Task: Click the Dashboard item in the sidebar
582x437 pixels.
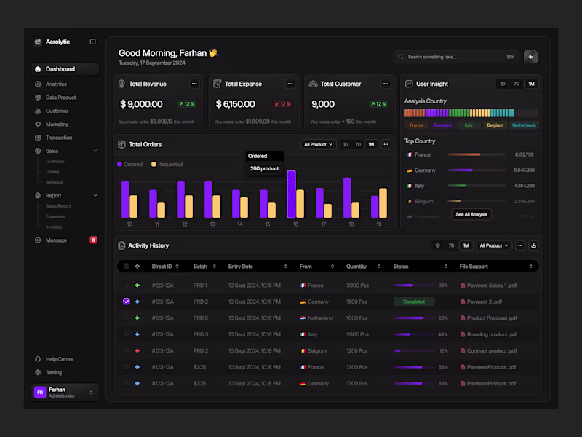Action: point(60,69)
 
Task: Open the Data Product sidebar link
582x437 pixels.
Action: point(60,98)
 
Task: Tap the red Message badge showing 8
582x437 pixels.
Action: point(93,240)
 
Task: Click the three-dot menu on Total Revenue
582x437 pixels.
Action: point(194,84)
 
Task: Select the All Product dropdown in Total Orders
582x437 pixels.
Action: point(319,144)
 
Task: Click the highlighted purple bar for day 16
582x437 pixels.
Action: point(291,194)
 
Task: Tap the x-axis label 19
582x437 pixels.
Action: point(378,224)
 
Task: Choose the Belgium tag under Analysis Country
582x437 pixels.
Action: point(495,125)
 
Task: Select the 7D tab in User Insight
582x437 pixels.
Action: point(517,84)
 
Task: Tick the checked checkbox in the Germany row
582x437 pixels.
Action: point(127,302)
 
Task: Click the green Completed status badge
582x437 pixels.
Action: point(413,302)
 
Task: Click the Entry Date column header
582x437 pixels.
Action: point(241,267)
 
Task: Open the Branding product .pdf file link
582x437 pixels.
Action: point(492,334)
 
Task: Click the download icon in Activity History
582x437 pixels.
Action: point(533,245)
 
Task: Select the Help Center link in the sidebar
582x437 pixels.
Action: point(59,359)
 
